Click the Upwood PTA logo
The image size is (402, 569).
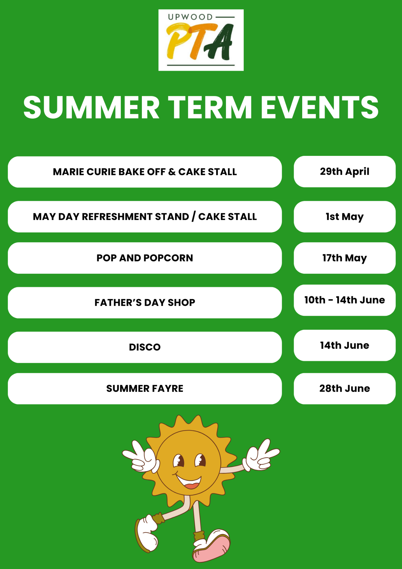(201, 40)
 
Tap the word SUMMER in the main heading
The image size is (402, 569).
(92, 107)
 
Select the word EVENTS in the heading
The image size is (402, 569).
(320, 107)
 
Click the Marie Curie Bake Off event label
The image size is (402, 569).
(145, 172)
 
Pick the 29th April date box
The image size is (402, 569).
(345, 172)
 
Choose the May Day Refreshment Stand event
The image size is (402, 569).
(145, 217)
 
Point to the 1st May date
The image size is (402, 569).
(345, 217)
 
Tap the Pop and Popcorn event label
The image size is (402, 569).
(145, 258)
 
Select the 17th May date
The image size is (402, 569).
(345, 258)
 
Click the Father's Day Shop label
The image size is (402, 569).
(145, 303)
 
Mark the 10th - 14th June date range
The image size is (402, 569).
(345, 300)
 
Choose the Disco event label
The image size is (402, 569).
(145, 347)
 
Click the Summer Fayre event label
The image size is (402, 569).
(145, 389)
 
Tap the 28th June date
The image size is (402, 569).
(345, 389)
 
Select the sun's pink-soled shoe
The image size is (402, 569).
(212, 546)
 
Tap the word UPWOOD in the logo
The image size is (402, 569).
(190, 17)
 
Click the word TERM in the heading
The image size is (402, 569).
(210, 107)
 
